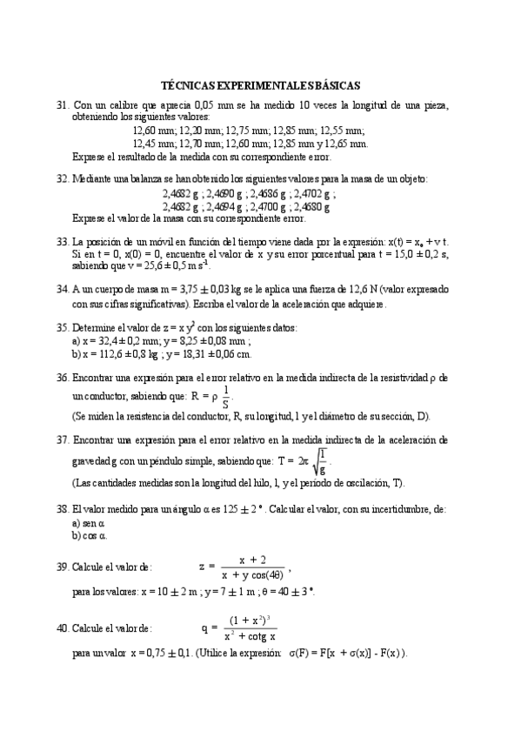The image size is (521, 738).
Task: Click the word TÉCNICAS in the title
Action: (x=190, y=85)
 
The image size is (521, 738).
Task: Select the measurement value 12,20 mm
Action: (x=199, y=130)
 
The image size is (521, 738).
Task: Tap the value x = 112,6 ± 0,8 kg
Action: (x=115, y=354)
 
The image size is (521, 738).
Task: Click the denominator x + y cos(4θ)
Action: (x=251, y=574)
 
